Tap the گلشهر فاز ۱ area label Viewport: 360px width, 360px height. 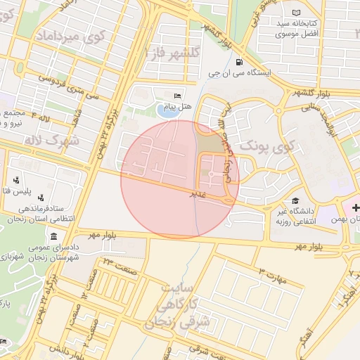172,53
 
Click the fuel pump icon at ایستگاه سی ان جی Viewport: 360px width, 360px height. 240,62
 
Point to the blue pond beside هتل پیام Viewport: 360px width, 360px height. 167,110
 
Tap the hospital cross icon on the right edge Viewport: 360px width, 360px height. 356,208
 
